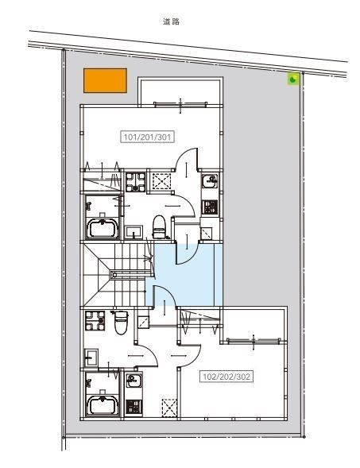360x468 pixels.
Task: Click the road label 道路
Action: [171, 21]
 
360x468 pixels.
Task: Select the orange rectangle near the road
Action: [105, 80]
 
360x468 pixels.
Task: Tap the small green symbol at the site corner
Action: [292, 79]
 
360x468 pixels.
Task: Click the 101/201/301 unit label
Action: [147, 137]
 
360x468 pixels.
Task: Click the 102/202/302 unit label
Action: [226, 377]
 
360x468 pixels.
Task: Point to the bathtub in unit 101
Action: [103, 229]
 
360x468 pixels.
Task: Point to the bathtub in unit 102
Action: [103, 405]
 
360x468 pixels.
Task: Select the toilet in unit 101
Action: [158, 226]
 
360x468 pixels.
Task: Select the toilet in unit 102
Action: [122, 323]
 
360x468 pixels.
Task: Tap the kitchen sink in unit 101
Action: [210, 181]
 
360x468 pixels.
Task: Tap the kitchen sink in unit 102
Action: [134, 381]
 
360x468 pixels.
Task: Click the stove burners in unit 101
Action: [210, 207]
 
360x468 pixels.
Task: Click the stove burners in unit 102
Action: [134, 407]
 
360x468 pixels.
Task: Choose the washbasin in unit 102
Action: [91, 358]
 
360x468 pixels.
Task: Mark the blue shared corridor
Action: [184, 275]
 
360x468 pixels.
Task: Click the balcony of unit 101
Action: [180, 91]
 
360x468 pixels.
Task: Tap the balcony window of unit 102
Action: [254, 341]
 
